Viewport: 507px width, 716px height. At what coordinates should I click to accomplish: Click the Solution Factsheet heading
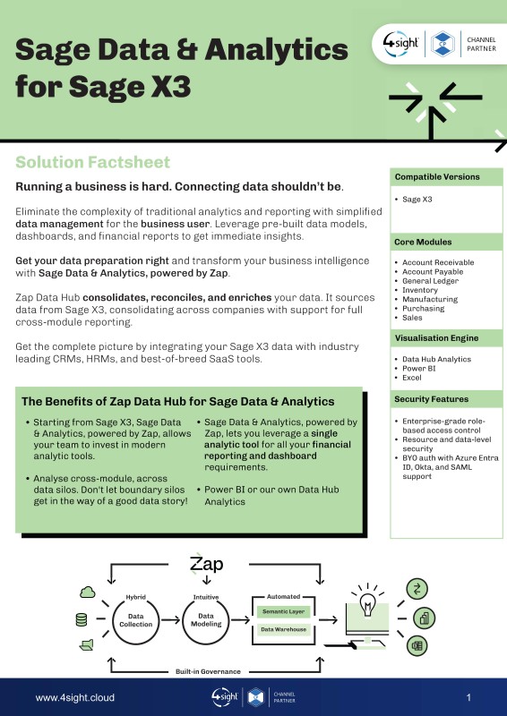(93, 162)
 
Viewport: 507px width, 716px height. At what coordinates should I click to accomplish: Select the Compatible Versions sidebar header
(437, 176)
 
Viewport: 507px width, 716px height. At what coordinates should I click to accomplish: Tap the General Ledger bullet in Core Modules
(430, 281)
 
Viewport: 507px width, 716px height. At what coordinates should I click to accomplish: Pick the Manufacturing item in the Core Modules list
(430, 299)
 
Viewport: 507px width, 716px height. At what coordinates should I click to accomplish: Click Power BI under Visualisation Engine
(418, 369)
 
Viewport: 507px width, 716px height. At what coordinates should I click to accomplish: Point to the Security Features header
(432, 399)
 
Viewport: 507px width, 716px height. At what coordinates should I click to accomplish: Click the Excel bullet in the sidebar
(412, 378)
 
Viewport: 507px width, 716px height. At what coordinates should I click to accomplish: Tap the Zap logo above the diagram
(207, 564)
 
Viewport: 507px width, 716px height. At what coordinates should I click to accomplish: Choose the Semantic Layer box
(283, 611)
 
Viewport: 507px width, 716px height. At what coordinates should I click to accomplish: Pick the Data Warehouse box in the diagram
(283, 629)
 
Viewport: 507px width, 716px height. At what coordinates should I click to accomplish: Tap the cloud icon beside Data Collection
(87, 592)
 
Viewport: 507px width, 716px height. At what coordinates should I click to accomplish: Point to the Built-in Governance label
(208, 672)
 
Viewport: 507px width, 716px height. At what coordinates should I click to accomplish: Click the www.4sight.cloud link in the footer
(75, 698)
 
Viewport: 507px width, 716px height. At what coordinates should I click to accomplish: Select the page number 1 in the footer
(468, 697)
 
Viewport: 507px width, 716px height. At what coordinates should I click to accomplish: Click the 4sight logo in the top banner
(401, 44)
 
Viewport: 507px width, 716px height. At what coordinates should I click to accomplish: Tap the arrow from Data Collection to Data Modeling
(170, 620)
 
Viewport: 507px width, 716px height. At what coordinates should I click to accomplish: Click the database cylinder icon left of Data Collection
(82, 619)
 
